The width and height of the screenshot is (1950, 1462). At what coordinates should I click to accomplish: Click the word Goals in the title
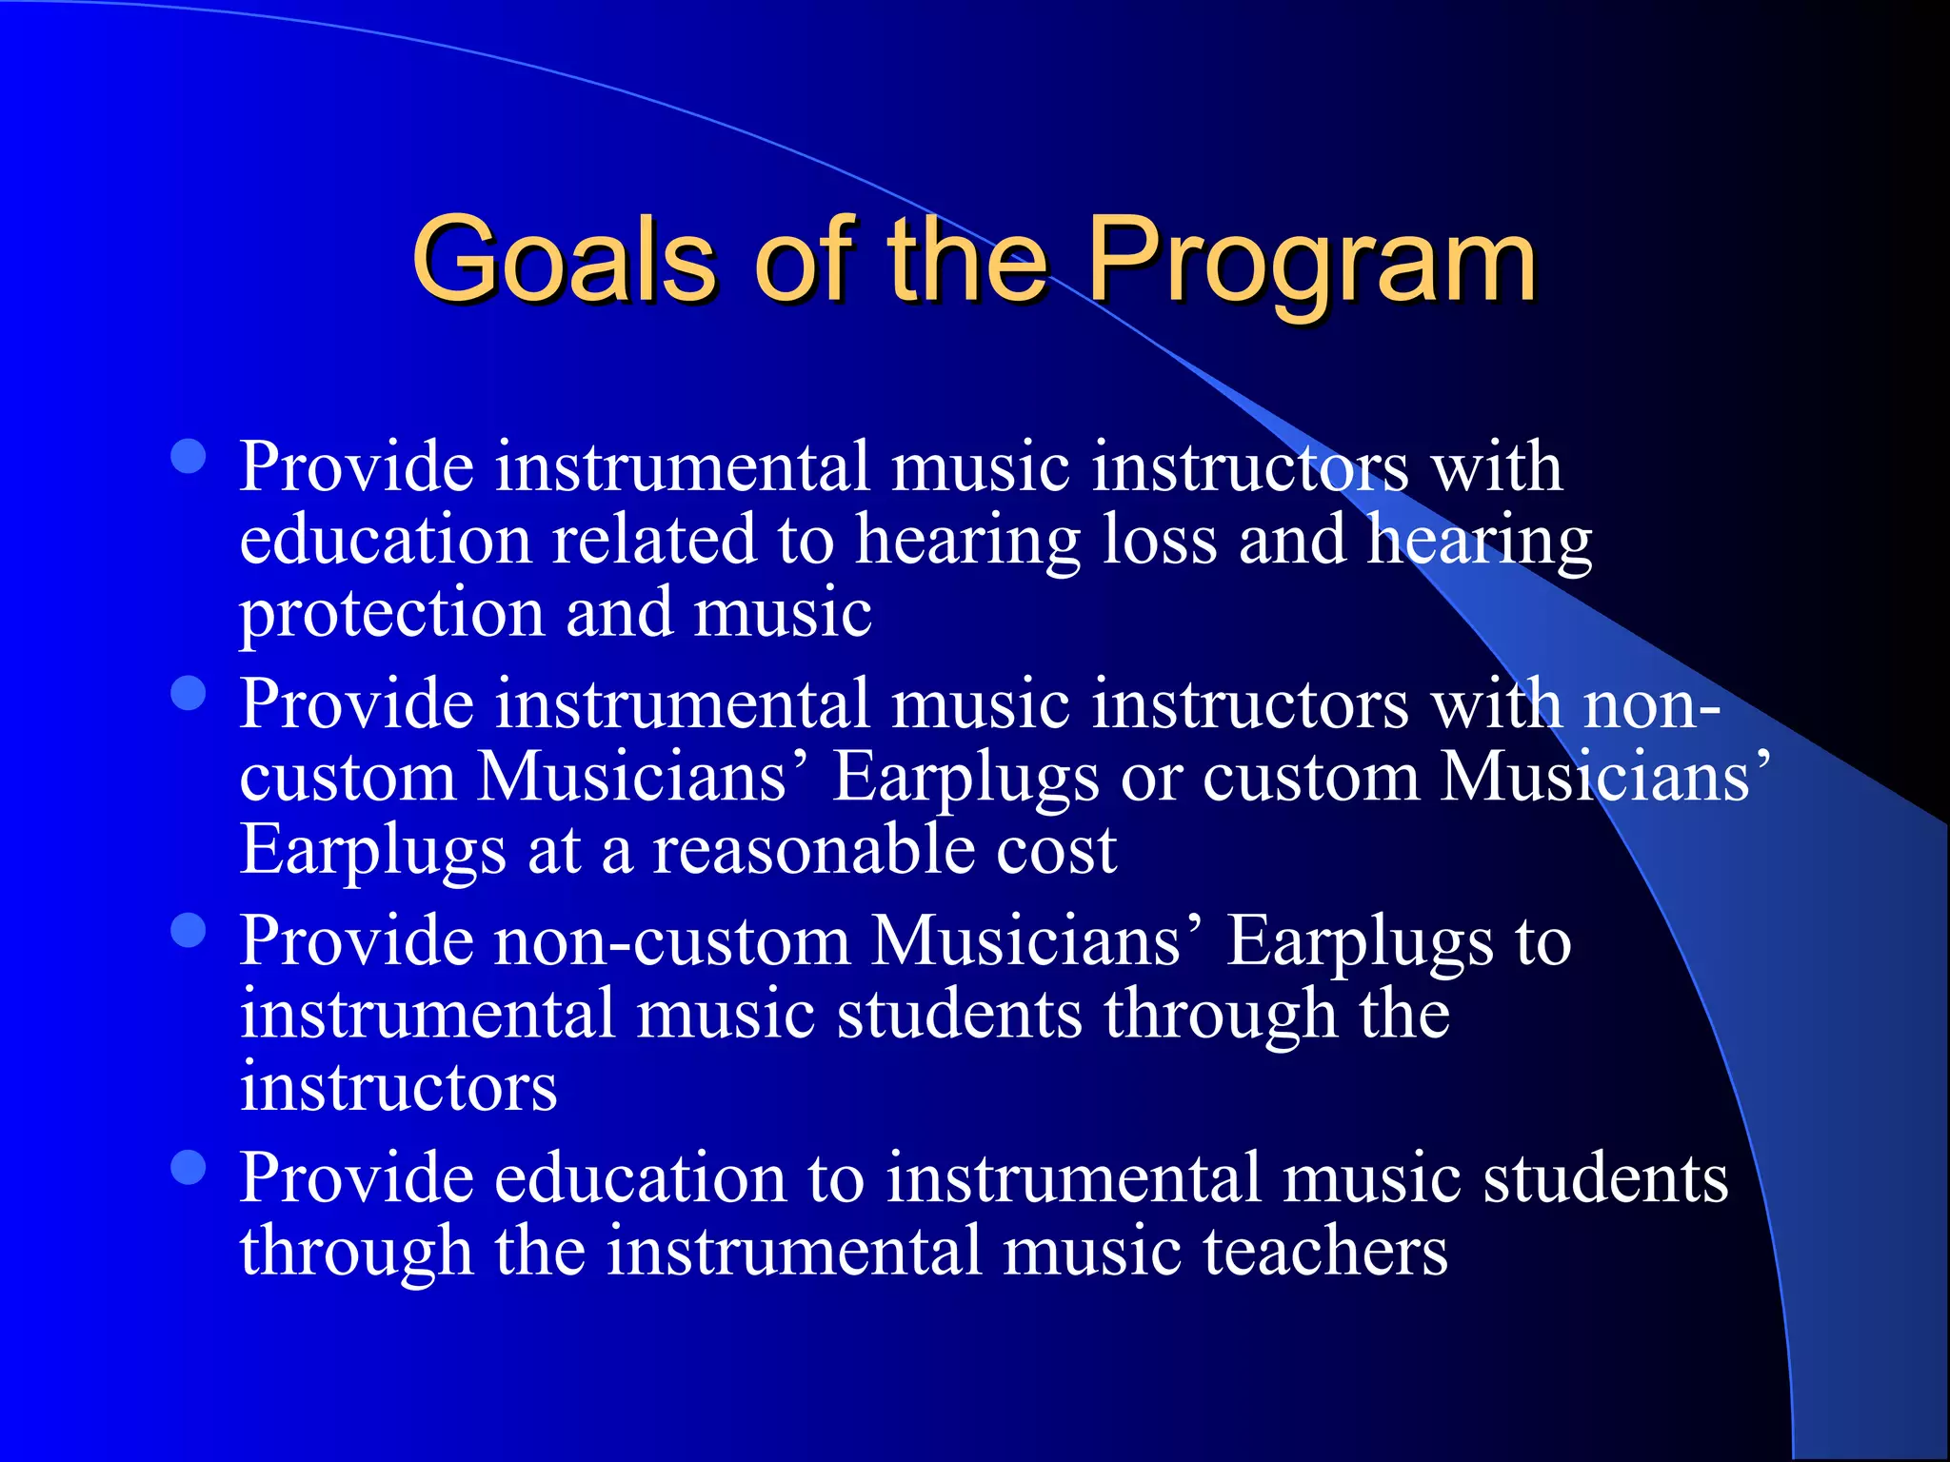562,259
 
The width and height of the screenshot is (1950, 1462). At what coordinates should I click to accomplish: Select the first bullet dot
189,456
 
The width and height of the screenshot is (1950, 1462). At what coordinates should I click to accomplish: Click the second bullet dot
189,693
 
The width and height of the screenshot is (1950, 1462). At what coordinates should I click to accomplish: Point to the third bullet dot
189,930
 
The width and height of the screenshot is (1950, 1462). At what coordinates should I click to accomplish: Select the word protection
391,613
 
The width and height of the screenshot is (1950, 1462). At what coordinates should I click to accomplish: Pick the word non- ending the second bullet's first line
1652,704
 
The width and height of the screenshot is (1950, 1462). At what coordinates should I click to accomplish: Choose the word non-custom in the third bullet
672,941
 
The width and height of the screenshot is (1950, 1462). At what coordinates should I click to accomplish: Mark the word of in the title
800,259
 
